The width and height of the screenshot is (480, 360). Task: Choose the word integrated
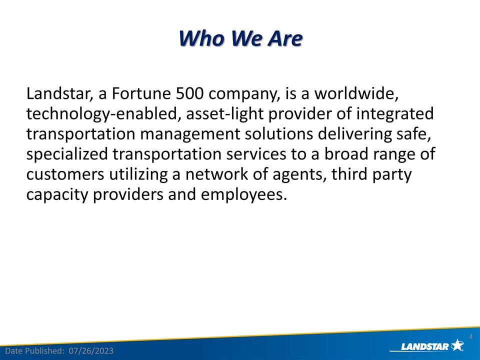tap(395, 114)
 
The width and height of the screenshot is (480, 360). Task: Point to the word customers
tap(65, 174)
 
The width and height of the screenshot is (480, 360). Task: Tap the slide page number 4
tap(470, 336)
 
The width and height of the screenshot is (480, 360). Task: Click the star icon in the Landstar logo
tap(457, 344)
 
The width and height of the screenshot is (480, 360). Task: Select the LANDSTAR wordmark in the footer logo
tap(424, 346)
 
